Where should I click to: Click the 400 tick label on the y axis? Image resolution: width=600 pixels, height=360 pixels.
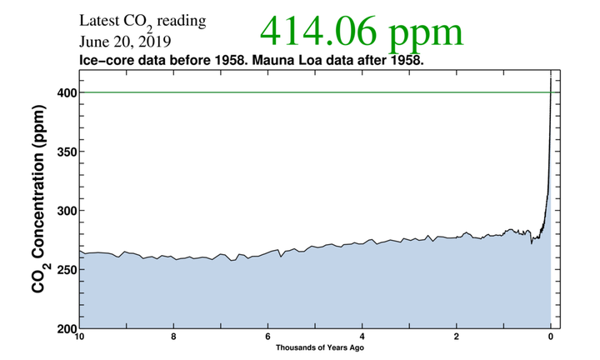pos(67,92)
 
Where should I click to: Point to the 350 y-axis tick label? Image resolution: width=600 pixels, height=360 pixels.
pos(67,152)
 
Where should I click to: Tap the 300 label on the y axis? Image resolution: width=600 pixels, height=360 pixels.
pos(67,211)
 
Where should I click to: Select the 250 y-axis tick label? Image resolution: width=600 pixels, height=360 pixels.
pos(67,270)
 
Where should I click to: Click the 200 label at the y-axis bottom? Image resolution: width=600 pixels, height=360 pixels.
pos(67,328)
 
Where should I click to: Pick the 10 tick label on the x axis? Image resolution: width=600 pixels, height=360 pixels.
pos(79,337)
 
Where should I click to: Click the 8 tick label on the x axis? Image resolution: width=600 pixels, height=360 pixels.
pos(173,337)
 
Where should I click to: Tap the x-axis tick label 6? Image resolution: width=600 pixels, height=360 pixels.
pos(267,337)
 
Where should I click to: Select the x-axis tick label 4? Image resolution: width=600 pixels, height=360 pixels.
pos(362,337)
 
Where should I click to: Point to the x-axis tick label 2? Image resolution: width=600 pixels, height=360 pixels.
pos(456,337)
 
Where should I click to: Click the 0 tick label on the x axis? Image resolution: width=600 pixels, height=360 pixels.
pos(551,337)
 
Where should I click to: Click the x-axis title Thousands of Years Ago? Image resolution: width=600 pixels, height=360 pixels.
pos(320,347)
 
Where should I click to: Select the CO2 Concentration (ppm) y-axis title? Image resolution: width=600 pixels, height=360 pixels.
pos(40,199)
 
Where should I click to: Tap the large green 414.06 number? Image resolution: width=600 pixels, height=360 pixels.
pos(318,32)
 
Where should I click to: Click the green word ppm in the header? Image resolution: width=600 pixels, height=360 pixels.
pos(426,35)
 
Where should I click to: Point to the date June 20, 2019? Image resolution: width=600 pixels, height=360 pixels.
pos(125,42)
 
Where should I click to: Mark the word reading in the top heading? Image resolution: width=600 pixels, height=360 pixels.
pos(182,22)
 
